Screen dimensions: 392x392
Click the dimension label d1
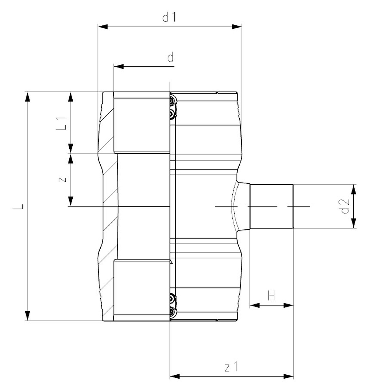(169, 18)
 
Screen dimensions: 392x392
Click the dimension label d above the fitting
(170, 57)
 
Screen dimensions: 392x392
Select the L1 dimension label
(61, 123)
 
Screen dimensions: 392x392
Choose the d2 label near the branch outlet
(345, 206)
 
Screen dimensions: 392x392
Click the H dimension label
(271, 296)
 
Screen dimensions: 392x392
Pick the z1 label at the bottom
(231, 367)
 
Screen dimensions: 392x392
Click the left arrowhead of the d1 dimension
(103, 26)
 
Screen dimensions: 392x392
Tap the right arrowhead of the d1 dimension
(237, 26)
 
